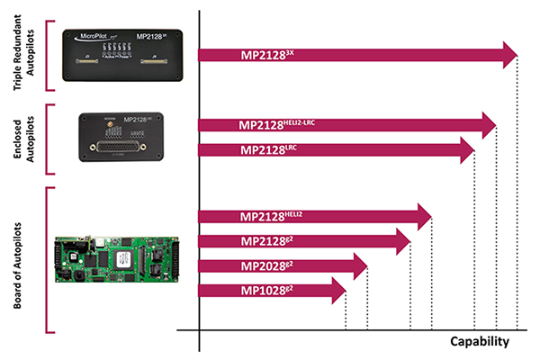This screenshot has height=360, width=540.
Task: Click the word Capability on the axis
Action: [480, 341]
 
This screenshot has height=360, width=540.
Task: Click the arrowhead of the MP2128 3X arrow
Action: [508, 55]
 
